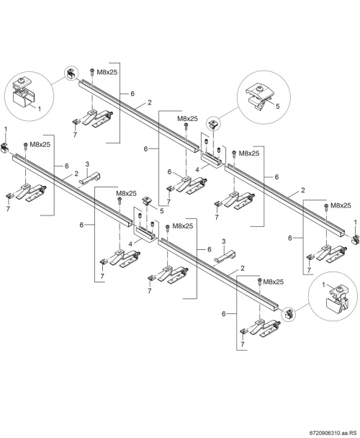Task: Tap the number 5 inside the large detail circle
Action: (x=278, y=106)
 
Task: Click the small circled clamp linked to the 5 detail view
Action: (x=213, y=123)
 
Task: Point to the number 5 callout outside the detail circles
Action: (x=162, y=210)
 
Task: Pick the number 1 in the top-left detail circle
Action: (x=39, y=108)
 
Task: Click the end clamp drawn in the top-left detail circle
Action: (x=24, y=94)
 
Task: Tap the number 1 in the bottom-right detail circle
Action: (x=323, y=285)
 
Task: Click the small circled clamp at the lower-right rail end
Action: (x=289, y=314)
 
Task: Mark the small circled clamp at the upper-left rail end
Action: (x=71, y=73)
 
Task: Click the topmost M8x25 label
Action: (x=107, y=72)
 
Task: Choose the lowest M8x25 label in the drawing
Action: (x=274, y=282)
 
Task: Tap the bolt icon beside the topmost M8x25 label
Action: (x=92, y=71)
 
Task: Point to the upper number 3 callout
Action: (x=87, y=164)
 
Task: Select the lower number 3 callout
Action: (x=223, y=241)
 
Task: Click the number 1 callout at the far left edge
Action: (x=5, y=129)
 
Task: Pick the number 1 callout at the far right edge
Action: (x=355, y=222)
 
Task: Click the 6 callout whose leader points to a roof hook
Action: (x=169, y=171)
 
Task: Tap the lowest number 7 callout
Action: (x=243, y=344)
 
